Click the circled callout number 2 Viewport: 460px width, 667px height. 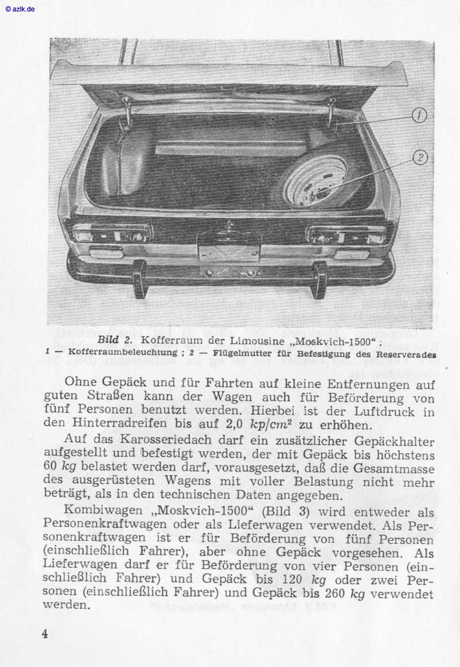point(420,157)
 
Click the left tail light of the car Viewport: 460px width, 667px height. point(112,234)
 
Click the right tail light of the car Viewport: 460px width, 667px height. point(346,235)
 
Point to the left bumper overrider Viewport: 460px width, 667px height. point(140,280)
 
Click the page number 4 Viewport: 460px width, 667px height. point(44,634)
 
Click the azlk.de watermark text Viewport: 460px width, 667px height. point(21,9)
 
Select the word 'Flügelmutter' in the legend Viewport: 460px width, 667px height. point(243,353)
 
